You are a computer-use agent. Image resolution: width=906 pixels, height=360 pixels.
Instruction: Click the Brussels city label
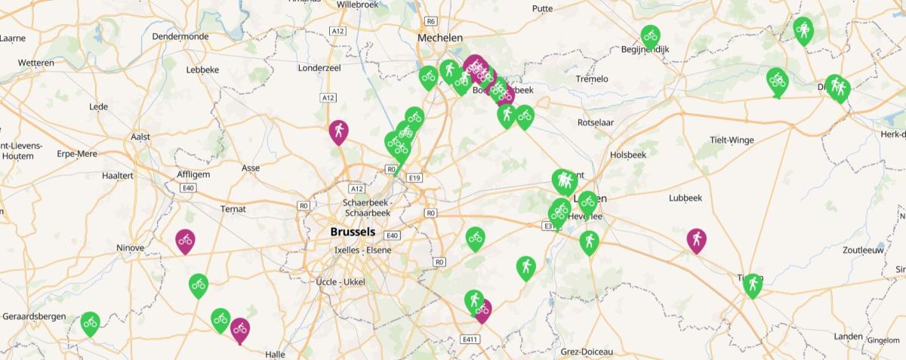[352, 232]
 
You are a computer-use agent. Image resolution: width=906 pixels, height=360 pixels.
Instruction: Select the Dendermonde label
[180, 36]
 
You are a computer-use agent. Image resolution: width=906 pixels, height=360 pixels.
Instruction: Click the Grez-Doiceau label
[587, 352]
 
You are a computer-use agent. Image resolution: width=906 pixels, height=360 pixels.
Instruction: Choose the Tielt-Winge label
[732, 140]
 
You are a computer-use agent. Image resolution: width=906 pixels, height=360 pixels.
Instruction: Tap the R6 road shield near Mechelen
[431, 21]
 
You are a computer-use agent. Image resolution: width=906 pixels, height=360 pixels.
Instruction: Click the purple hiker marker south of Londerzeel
[339, 132]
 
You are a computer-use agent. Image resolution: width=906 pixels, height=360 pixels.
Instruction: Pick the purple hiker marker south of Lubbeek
[696, 240]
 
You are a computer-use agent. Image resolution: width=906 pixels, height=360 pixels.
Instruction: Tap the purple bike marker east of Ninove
[185, 241]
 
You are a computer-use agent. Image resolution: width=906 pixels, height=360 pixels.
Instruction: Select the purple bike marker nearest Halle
[240, 329]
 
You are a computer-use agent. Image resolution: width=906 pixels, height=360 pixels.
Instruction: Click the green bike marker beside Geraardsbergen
[90, 323]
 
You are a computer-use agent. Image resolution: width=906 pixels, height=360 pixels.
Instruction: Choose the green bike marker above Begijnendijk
[650, 35]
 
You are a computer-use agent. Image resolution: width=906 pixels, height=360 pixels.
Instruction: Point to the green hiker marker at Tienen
[752, 285]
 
